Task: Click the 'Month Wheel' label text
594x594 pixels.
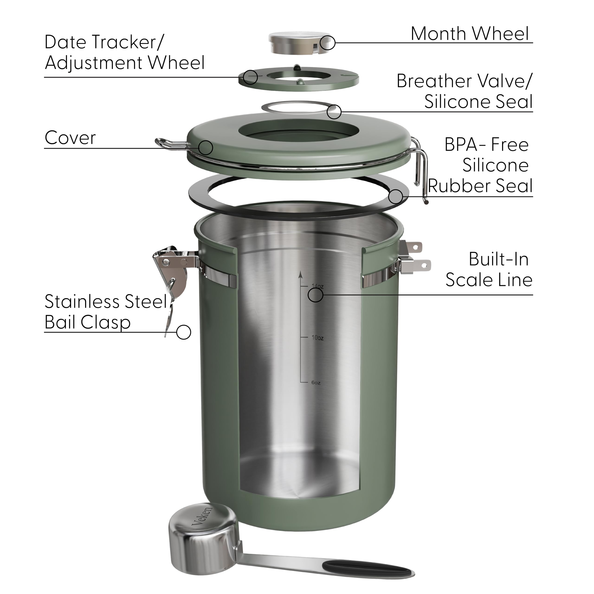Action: [469, 34]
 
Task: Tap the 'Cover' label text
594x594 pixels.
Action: [70, 138]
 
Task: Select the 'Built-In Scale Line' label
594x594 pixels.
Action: [489, 270]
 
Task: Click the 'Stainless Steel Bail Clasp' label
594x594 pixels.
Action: [105, 312]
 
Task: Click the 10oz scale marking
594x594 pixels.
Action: [317, 338]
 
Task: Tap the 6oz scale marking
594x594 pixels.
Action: [316, 383]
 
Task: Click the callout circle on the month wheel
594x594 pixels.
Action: [327, 43]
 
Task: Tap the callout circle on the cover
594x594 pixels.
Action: [205, 148]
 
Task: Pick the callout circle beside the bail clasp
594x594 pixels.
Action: [184, 332]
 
